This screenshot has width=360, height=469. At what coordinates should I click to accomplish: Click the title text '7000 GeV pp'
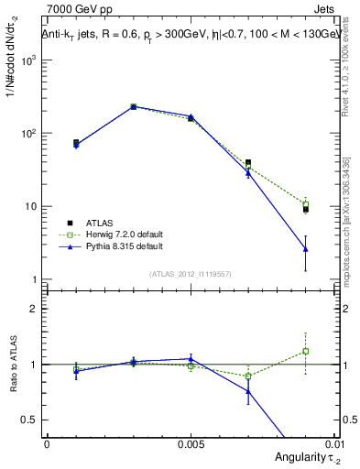pos(72,9)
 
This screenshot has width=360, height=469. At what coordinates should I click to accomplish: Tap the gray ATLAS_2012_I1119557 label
pos(191,273)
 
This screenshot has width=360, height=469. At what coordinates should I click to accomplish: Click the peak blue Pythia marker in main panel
pos(133,106)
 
